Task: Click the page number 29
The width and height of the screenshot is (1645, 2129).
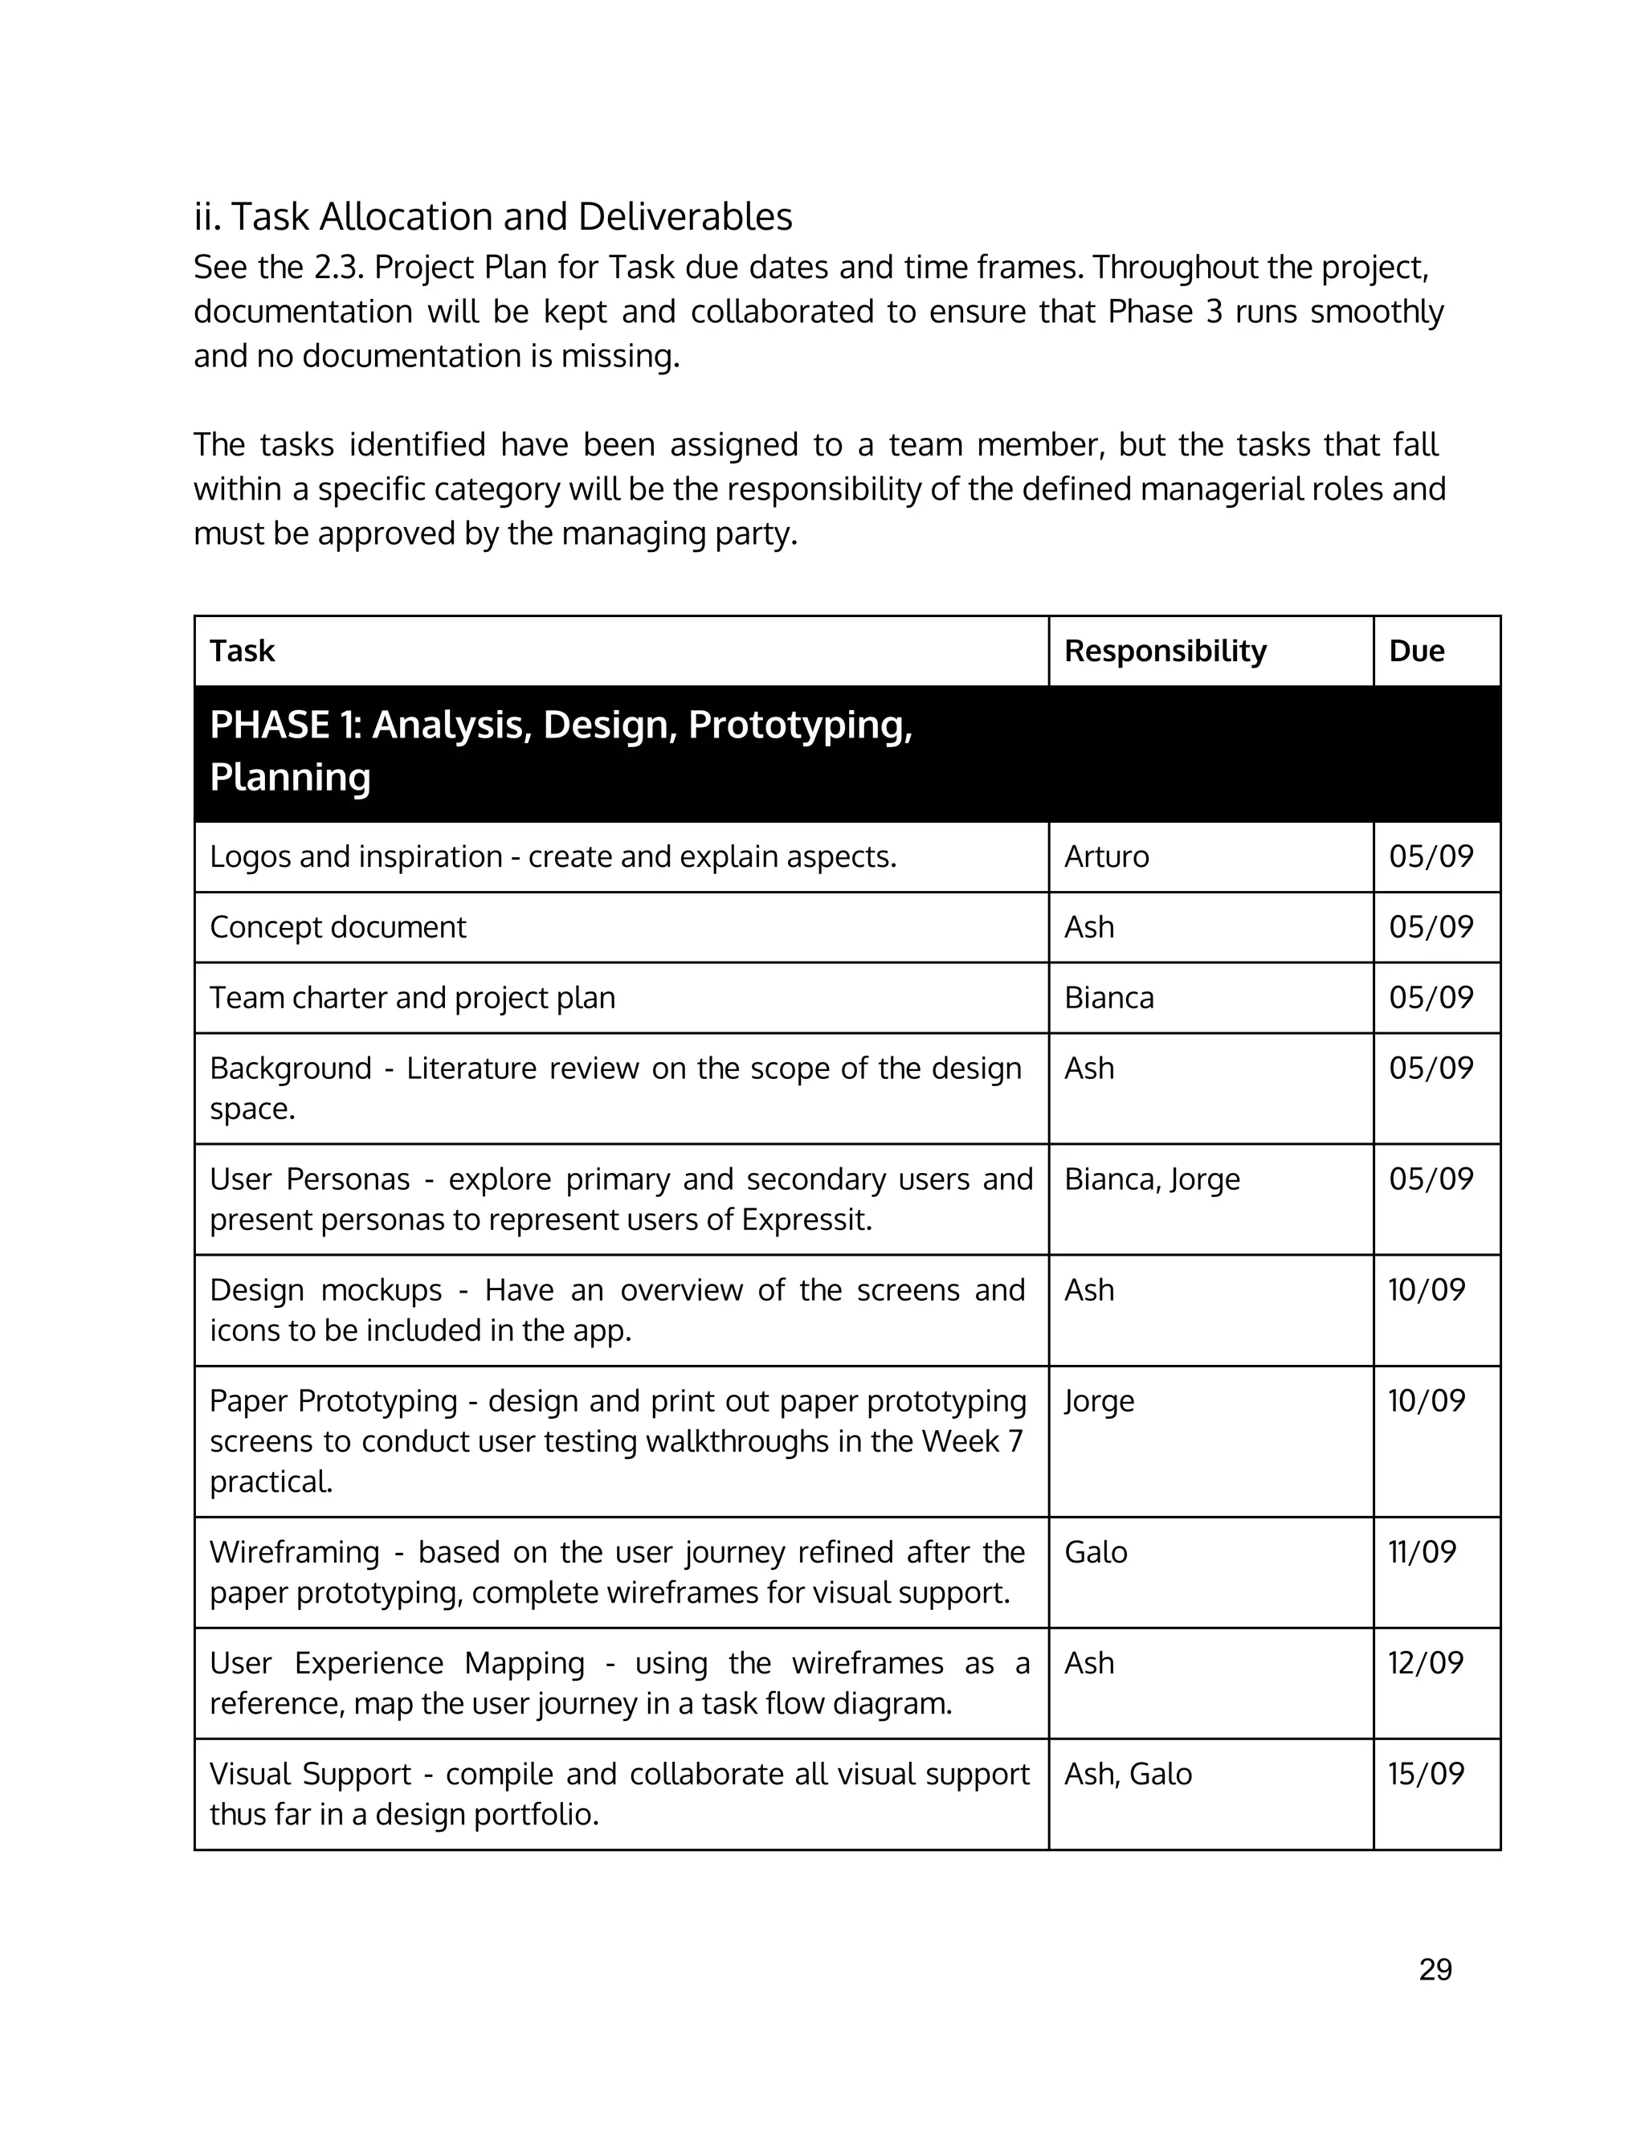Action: click(1435, 1969)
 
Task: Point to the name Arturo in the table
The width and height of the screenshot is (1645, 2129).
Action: click(1106, 857)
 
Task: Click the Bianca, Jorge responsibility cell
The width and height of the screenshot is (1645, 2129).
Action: click(1152, 1179)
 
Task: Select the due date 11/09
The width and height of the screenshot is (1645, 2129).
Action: click(1422, 1552)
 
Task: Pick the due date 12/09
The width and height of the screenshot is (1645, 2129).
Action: click(1426, 1663)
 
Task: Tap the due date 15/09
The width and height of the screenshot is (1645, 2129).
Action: click(1426, 1773)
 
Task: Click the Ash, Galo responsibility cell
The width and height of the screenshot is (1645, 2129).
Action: click(1128, 1773)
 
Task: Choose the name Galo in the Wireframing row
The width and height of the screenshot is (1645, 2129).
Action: click(1096, 1552)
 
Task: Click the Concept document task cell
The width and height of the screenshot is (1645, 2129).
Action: click(338, 927)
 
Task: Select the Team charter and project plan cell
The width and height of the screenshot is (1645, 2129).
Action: click(412, 998)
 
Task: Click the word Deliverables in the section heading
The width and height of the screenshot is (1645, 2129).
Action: click(684, 216)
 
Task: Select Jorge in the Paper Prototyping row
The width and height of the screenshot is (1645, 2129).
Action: click(1100, 1401)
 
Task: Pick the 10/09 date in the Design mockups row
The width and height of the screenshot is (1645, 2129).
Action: click(1426, 1289)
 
